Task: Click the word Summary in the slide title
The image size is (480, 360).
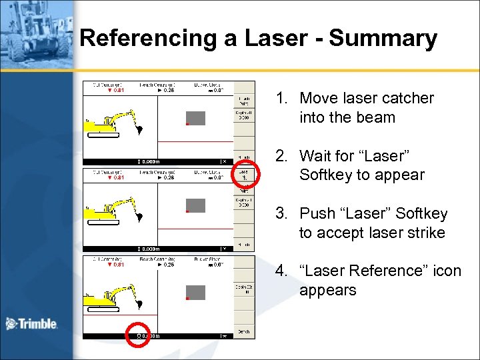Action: point(383,39)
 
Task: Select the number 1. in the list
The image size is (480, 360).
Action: point(283,99)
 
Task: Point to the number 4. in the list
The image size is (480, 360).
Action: point(283,271)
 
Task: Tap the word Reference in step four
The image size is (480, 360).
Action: point(381,271)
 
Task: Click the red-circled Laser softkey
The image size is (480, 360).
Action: point(244,175)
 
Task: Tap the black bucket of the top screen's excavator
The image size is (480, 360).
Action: point(139,129)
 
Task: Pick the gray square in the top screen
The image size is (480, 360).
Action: point(195,118)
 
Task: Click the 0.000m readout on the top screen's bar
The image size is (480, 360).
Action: point(149,161)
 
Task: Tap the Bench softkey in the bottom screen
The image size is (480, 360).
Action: point(244,331)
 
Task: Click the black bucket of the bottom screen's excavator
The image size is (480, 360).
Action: point(139,304)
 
